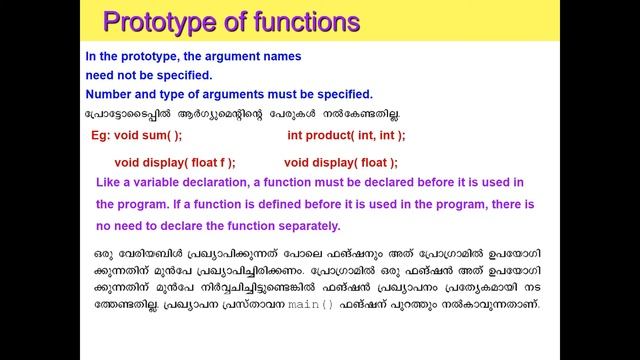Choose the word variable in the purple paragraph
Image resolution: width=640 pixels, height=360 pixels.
click(171, 182)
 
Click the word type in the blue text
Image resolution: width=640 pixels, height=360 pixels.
click(187, 95)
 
